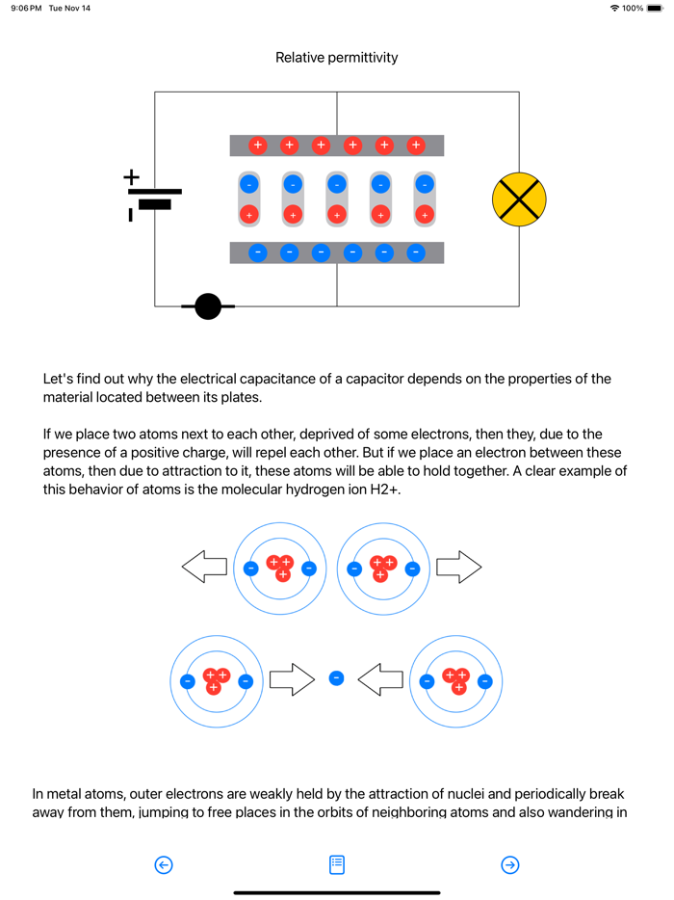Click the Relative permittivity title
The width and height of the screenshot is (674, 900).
[x=336, y=58]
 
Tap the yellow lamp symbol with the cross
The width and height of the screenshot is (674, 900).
[x=519, y=199]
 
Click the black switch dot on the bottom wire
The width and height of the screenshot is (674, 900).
[x=208, y=306]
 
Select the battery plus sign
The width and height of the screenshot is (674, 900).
[x=131, y=177]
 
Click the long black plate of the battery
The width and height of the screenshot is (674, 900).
[x=154, y=192]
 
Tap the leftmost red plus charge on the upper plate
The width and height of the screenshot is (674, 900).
[x=258, y=146]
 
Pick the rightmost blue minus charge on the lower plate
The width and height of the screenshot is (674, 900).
[x=416, y=252]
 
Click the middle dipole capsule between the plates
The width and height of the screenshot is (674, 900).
[x=337, y=199]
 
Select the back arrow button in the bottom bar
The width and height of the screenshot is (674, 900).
[x=164, y=864]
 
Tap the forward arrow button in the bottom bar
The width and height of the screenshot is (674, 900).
[x=510, y=864]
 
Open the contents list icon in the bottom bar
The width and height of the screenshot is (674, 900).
[x=337, y=864]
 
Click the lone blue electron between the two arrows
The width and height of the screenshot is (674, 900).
[x=336, y=678]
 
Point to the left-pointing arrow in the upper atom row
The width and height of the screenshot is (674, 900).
[x=204, y=568]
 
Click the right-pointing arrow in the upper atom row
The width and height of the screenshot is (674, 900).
[x=458, y=568]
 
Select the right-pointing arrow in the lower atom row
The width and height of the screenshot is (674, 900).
[x=292, y=679]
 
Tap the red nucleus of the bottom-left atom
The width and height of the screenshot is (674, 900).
[x=216, y=680]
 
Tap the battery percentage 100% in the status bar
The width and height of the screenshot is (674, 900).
[x=633, y=9]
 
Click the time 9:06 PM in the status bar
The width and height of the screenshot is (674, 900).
[x=26, y=9]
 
